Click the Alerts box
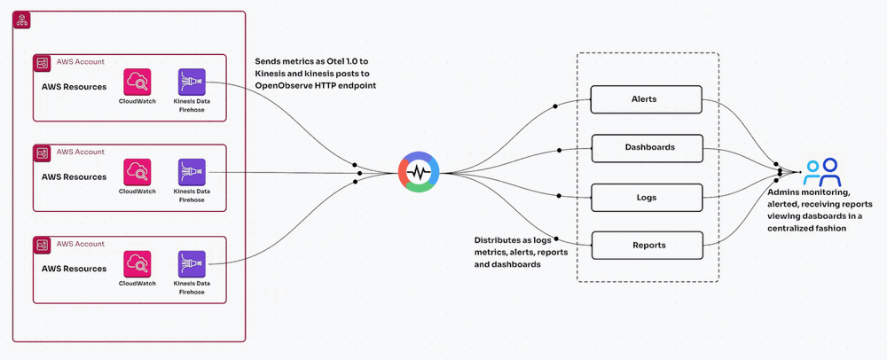[647, 99]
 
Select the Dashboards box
[647, 147]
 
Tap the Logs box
[647, 197]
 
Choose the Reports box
[647, 245]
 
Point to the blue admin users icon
[821, 171]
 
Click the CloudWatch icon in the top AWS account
[137, 82]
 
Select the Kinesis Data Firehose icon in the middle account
[192, 172]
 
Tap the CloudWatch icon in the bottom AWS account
[137, 263]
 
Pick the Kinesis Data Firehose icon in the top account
[192, 82]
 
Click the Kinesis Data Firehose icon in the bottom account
[192, 263]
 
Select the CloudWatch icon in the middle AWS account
[137, 172]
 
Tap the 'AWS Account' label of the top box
[80, 62]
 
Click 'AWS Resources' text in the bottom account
[74, 269]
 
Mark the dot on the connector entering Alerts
[556, 106]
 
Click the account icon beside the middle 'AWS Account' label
[42, 153]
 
